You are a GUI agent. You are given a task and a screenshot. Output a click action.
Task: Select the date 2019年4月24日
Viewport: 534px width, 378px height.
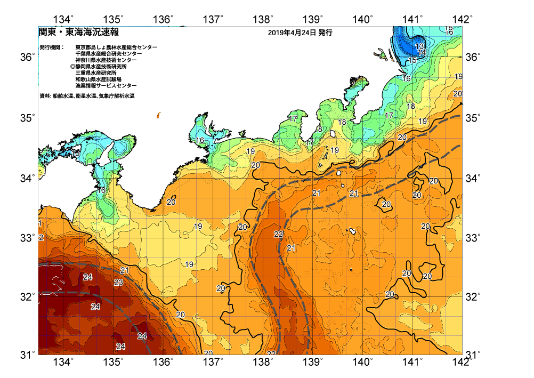292,33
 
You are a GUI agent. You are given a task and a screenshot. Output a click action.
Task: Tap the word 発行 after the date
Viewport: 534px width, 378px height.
325,33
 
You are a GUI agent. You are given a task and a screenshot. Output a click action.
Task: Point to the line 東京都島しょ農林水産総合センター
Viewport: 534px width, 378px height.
116,47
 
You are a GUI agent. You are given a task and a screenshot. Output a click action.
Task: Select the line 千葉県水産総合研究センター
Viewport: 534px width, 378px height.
108,54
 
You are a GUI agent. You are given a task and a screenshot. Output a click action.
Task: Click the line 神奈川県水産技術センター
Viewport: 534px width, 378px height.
106,60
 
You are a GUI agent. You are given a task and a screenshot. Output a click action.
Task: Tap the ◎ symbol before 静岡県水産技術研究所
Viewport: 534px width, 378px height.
72,67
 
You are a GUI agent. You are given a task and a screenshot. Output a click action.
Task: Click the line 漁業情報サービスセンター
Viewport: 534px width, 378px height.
106,86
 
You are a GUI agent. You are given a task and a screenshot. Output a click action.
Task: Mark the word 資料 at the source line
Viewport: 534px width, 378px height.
45,96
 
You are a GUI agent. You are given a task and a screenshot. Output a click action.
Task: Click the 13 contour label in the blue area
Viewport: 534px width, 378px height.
420,46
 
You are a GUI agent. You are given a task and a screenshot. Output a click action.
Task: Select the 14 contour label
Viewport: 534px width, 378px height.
422,52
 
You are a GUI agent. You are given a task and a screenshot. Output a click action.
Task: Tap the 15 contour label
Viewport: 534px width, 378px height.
412,60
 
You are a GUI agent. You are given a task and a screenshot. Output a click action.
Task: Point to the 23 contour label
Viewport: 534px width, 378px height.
118,283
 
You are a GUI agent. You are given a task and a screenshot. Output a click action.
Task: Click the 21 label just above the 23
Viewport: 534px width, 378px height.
125,270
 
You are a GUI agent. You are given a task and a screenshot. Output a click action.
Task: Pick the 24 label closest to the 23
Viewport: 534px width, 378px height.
88,277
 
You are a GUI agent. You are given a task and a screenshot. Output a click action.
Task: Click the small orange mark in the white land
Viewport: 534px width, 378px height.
158,115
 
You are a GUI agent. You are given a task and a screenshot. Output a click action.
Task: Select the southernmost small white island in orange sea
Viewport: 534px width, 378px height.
352,231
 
